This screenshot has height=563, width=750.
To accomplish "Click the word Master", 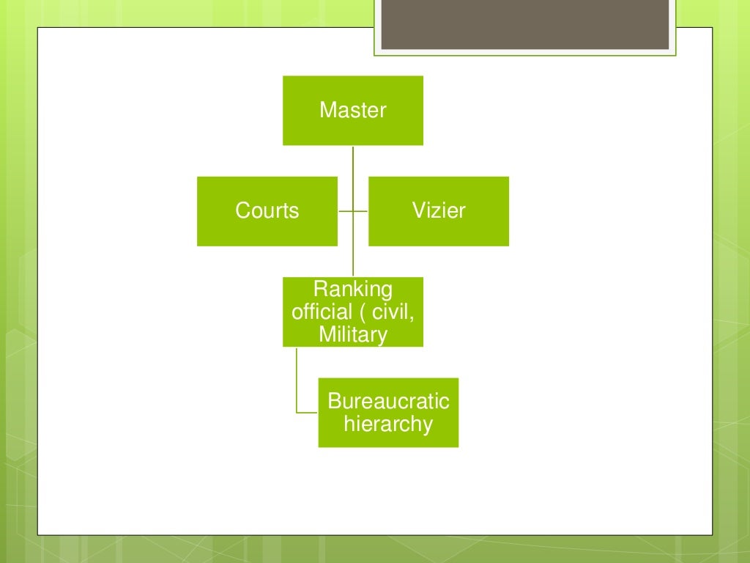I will point(353,111).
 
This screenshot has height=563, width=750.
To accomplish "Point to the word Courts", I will point(267,211).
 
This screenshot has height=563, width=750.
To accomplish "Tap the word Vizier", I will point(438,211).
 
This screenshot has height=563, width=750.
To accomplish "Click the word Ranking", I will point(353,288).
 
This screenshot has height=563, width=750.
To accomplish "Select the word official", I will point(321,312).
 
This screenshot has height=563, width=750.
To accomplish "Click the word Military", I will point(353,335).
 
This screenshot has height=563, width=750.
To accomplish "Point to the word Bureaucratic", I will point(388,401).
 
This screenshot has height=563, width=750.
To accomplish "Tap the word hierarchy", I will point(388,424).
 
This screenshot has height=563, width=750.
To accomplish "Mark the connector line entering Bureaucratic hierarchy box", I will point(308,413).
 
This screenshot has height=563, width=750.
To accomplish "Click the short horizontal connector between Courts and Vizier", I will point(353,211).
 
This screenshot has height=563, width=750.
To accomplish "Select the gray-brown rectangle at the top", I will point(525,25).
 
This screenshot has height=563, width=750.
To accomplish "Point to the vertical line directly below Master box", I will point(353,161).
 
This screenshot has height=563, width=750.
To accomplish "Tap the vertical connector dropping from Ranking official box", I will point(297,378).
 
